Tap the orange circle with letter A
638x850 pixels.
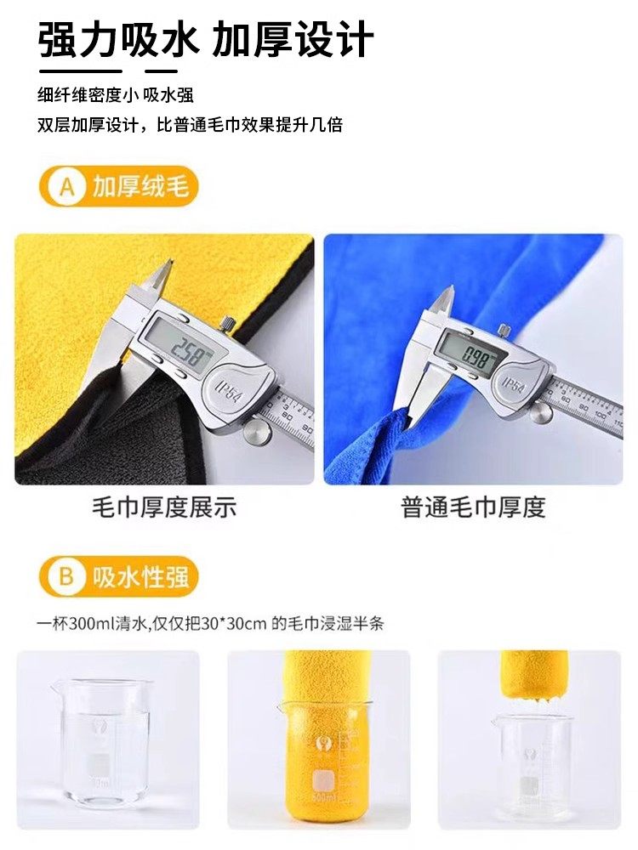[x=67, y=187]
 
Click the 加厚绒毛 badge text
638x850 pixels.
[x=140, y=187]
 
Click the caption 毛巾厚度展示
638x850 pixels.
[x=164, y=508]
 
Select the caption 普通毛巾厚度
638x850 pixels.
[x=473, y=508]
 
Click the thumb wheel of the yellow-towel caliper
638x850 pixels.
[x=254, y=432]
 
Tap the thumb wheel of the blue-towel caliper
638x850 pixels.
[x=539, y=413]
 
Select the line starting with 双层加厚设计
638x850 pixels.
[x=190, y=124]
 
